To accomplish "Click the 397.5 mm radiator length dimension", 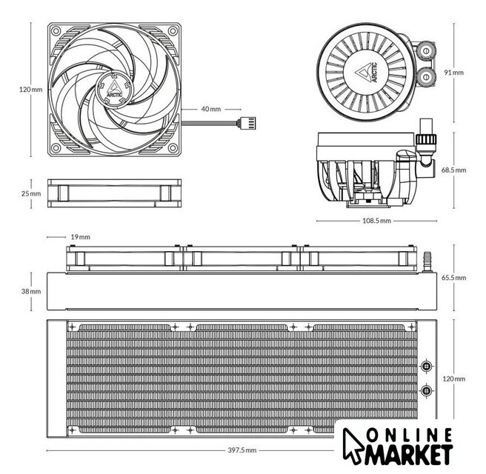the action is tap(242, 450).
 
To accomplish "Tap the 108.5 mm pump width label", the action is tap(376, 221).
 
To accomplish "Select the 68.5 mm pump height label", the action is tap(453, 170).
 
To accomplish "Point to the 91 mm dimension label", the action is tap(453, 72).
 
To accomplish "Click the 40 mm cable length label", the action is tap(211, 109).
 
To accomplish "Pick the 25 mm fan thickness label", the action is tap(31, 193).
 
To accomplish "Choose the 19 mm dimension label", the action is tap(80, 237).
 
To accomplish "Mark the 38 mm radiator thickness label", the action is tap(31, 291).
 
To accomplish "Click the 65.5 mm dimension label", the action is tap(453, 278).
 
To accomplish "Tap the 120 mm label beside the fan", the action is tap(30, 89).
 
